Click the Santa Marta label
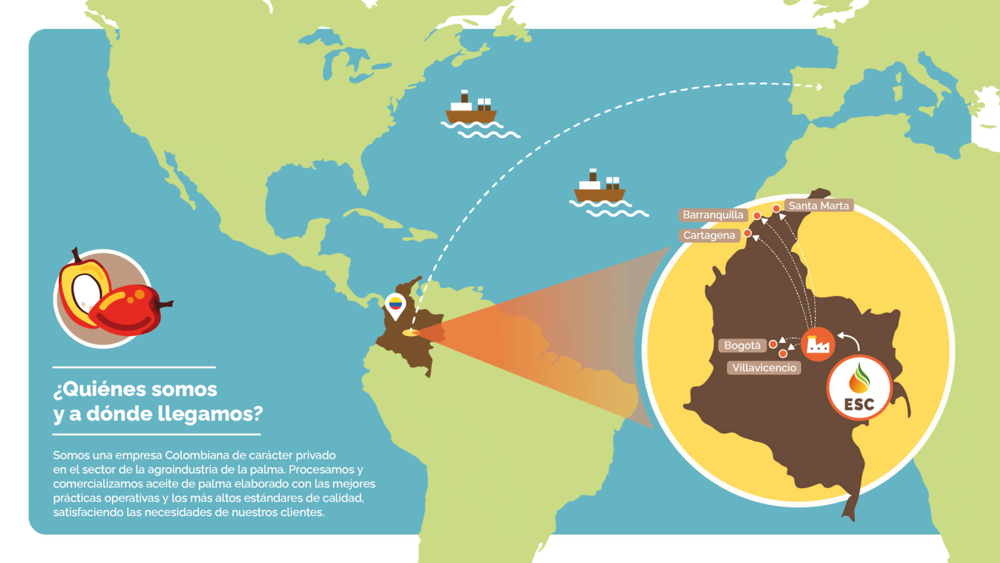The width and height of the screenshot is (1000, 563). [818, 206]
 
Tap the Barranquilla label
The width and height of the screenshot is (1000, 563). [712, 215]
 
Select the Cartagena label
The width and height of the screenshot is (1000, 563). [708, 235]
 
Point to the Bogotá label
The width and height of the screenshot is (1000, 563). [742, 345]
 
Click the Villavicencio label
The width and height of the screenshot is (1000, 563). [764, 368]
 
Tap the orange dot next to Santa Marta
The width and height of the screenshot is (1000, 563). [776, 209]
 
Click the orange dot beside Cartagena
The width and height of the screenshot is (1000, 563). [747, 233]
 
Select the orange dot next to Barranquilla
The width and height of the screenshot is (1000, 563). [757, 216]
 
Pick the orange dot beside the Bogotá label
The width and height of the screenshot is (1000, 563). [773, 344]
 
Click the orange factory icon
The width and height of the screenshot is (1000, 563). [817, 344]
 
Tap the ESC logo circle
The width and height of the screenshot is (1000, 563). [859, 388]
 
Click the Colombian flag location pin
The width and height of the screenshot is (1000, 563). [395, 305]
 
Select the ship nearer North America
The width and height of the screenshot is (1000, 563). [471, 110]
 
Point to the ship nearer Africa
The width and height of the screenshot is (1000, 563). [599, 189]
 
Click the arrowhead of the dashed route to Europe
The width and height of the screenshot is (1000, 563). [819, 87]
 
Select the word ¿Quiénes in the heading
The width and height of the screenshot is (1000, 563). [93, 389]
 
